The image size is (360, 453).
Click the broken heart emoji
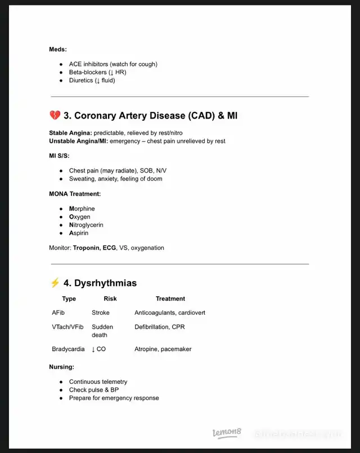point(55,116)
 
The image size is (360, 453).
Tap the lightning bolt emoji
point(55,283)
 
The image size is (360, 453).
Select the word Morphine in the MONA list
point(82,209)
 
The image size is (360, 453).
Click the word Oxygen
point(80,217)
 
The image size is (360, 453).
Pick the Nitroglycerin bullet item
point(86,225)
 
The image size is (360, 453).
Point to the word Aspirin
point(79,233)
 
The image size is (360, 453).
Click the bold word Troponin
point(86,247)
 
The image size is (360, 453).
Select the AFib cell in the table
point(58,312)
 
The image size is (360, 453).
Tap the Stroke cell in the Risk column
point(101,312)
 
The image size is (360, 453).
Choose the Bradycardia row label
point(68,349)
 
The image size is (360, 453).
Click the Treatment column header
point(170,298)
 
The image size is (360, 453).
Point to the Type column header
point(69,298)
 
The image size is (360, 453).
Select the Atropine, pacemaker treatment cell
point(163,349)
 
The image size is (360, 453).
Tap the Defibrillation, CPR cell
point(160,327)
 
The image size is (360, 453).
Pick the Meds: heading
point(58,49)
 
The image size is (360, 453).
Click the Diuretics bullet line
point(92,80)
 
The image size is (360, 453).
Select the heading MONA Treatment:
point(75,194)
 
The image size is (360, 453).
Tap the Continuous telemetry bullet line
point(98,382)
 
